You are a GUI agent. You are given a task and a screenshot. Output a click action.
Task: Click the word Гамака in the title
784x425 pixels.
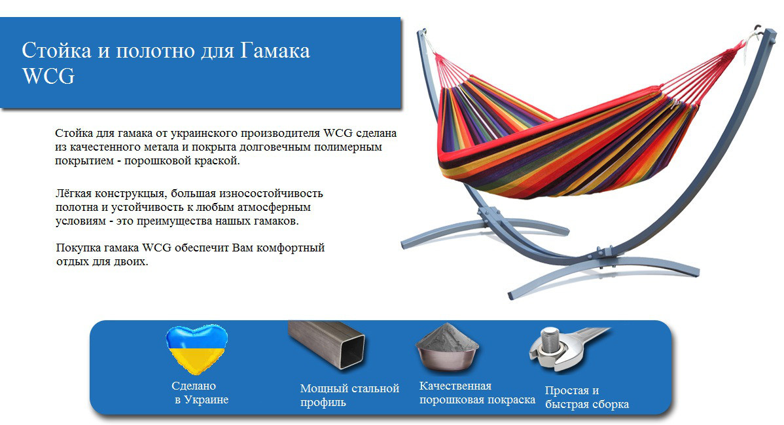(275, 50)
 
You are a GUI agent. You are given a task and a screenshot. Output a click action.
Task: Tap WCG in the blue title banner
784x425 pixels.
(48, 76)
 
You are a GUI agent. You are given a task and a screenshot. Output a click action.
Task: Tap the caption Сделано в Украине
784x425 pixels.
(200, 393)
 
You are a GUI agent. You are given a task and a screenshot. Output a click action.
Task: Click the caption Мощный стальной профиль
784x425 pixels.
(349, 395)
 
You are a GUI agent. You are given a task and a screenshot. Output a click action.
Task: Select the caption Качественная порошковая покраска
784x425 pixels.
(477, 393)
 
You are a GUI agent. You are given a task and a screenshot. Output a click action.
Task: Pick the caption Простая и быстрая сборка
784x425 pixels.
(586, 397)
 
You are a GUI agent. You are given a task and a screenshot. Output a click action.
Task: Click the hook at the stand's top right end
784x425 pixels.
(759, 29)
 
